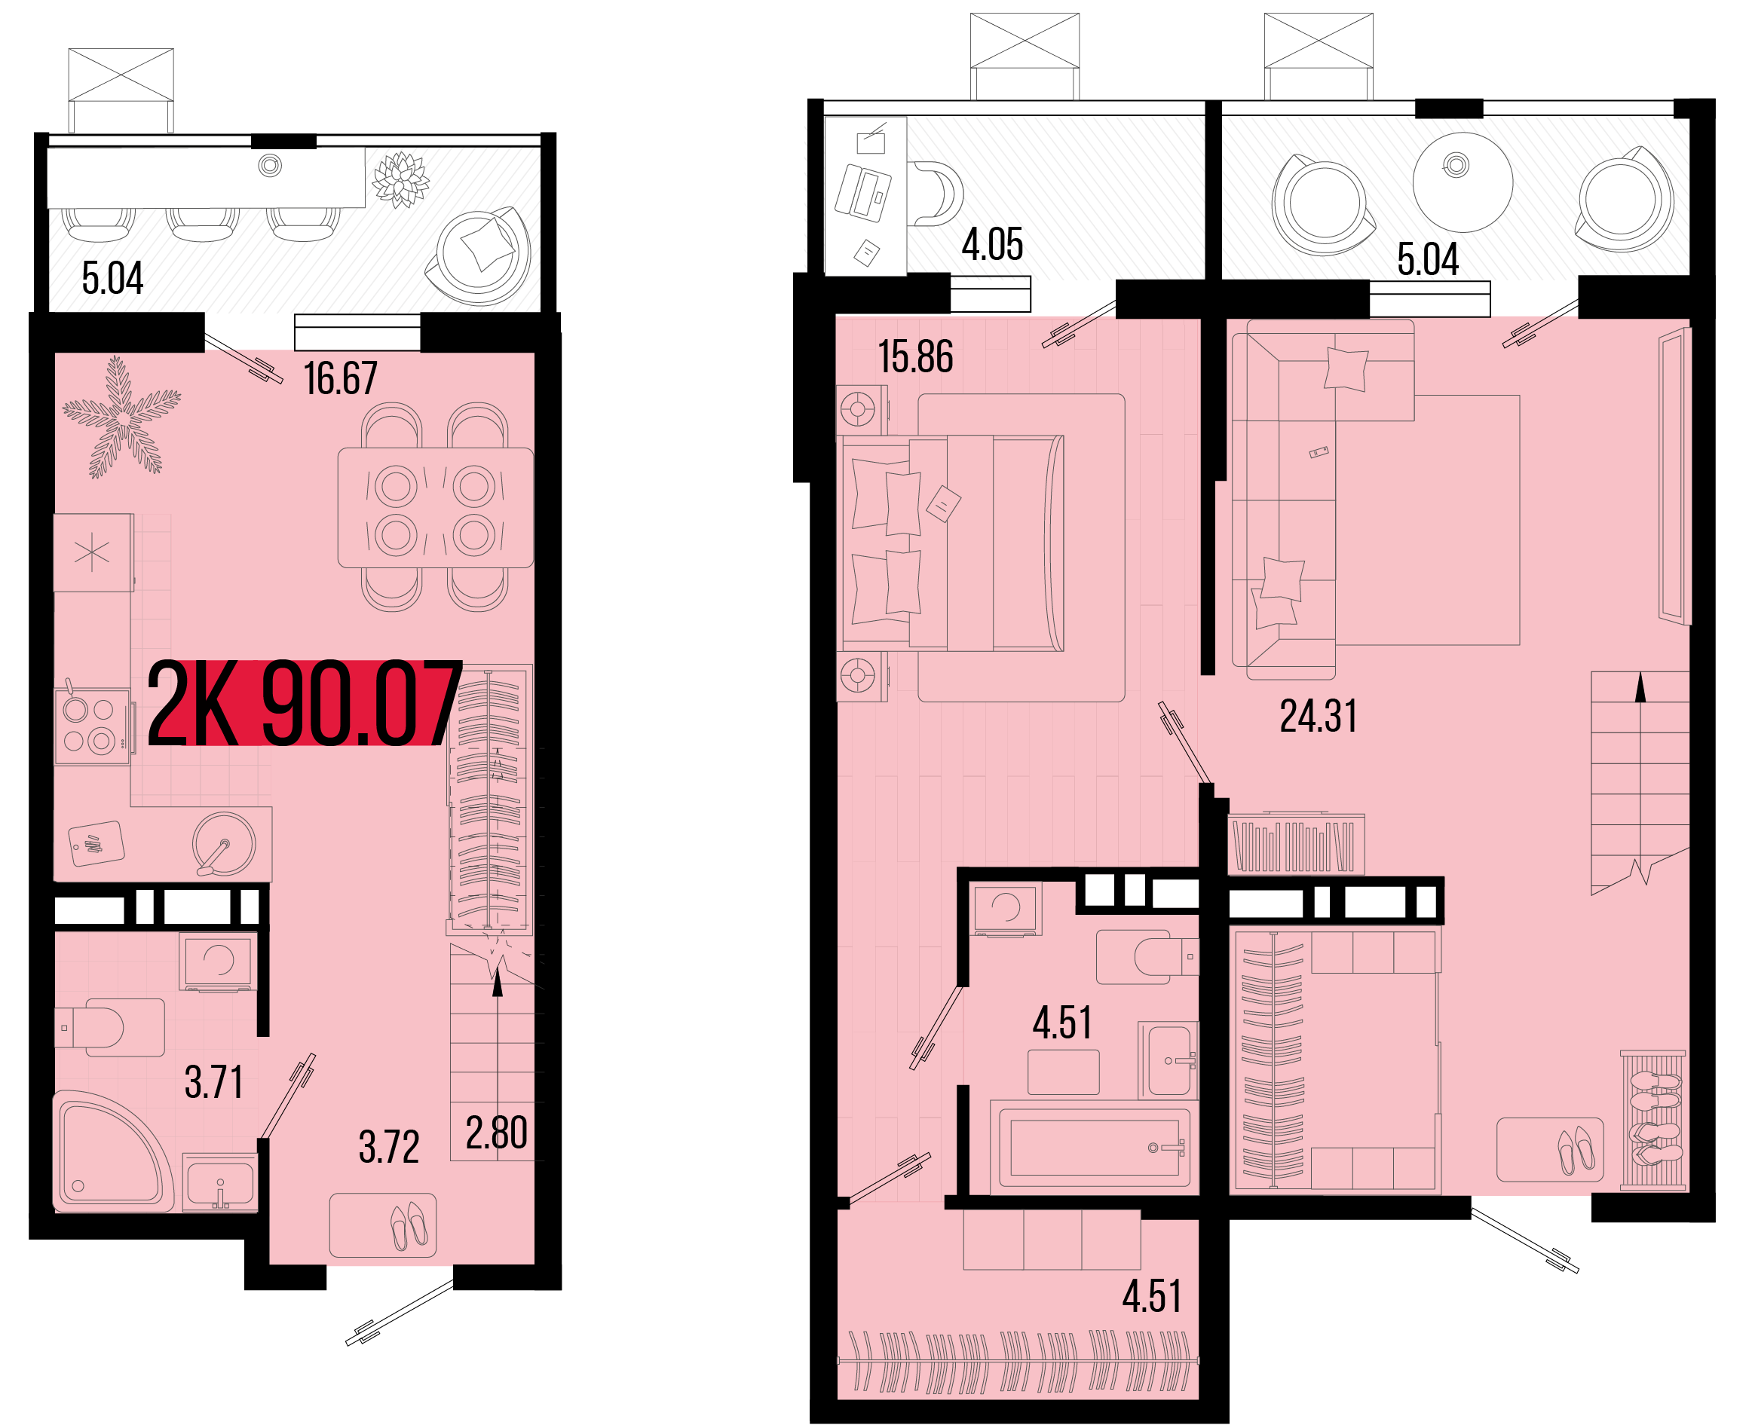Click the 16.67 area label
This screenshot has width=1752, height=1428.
tap(340, 378)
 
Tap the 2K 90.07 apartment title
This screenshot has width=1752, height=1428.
tap(305, 703)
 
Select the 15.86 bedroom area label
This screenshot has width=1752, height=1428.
tap(915, 357)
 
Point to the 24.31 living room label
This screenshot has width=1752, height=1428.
tap(1318, 716)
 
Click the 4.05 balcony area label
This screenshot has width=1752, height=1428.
tap(992, 244)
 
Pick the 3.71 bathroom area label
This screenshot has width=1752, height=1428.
tap(214, 1083)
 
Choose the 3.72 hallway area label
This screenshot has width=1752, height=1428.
tap(389, 1147)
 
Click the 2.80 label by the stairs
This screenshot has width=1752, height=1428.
tap(496, 1133)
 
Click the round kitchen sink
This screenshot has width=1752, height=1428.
tap(224, 843)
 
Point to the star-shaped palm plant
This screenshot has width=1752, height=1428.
tap(122, 417)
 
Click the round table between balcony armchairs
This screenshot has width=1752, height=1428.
tap(1463, 182)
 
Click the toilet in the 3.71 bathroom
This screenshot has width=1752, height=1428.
tap(109, 1027)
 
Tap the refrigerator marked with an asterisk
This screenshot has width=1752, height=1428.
tap(93, 552)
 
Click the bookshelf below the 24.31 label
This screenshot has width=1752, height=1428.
tap(1296, 844)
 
